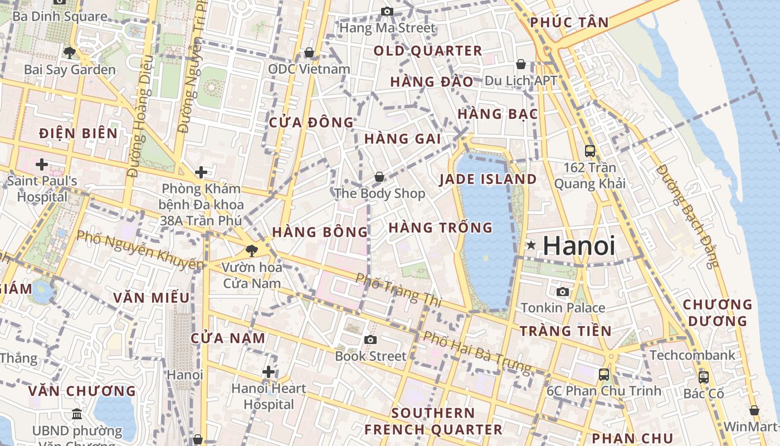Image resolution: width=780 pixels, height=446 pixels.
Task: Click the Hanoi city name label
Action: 579,246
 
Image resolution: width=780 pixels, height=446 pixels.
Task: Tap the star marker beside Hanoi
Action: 532,245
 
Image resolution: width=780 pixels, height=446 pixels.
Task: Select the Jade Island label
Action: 488,179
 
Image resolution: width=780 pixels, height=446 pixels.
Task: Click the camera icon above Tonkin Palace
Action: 563,292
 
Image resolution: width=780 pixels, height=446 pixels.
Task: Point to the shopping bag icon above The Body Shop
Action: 379,177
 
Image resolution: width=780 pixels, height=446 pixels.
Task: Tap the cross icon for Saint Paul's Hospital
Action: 41,164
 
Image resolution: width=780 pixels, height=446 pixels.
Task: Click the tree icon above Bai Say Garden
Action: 70,53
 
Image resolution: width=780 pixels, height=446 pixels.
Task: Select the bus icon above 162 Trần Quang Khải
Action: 589,151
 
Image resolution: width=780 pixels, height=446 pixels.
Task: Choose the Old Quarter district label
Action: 427,51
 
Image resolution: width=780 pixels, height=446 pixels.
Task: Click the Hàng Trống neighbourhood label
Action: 440,227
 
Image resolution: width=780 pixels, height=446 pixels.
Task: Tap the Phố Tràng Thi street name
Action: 398,290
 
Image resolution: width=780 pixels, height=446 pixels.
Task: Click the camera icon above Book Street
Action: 370,340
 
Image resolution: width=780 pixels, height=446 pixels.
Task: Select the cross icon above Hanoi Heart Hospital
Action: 269,372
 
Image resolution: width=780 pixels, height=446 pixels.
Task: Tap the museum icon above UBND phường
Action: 77,414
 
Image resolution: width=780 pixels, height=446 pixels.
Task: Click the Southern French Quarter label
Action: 433,421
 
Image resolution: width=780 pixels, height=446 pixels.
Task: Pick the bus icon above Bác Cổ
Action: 704,377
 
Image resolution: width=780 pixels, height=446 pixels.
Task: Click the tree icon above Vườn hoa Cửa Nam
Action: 252,250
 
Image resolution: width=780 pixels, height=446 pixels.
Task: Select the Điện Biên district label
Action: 79,133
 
